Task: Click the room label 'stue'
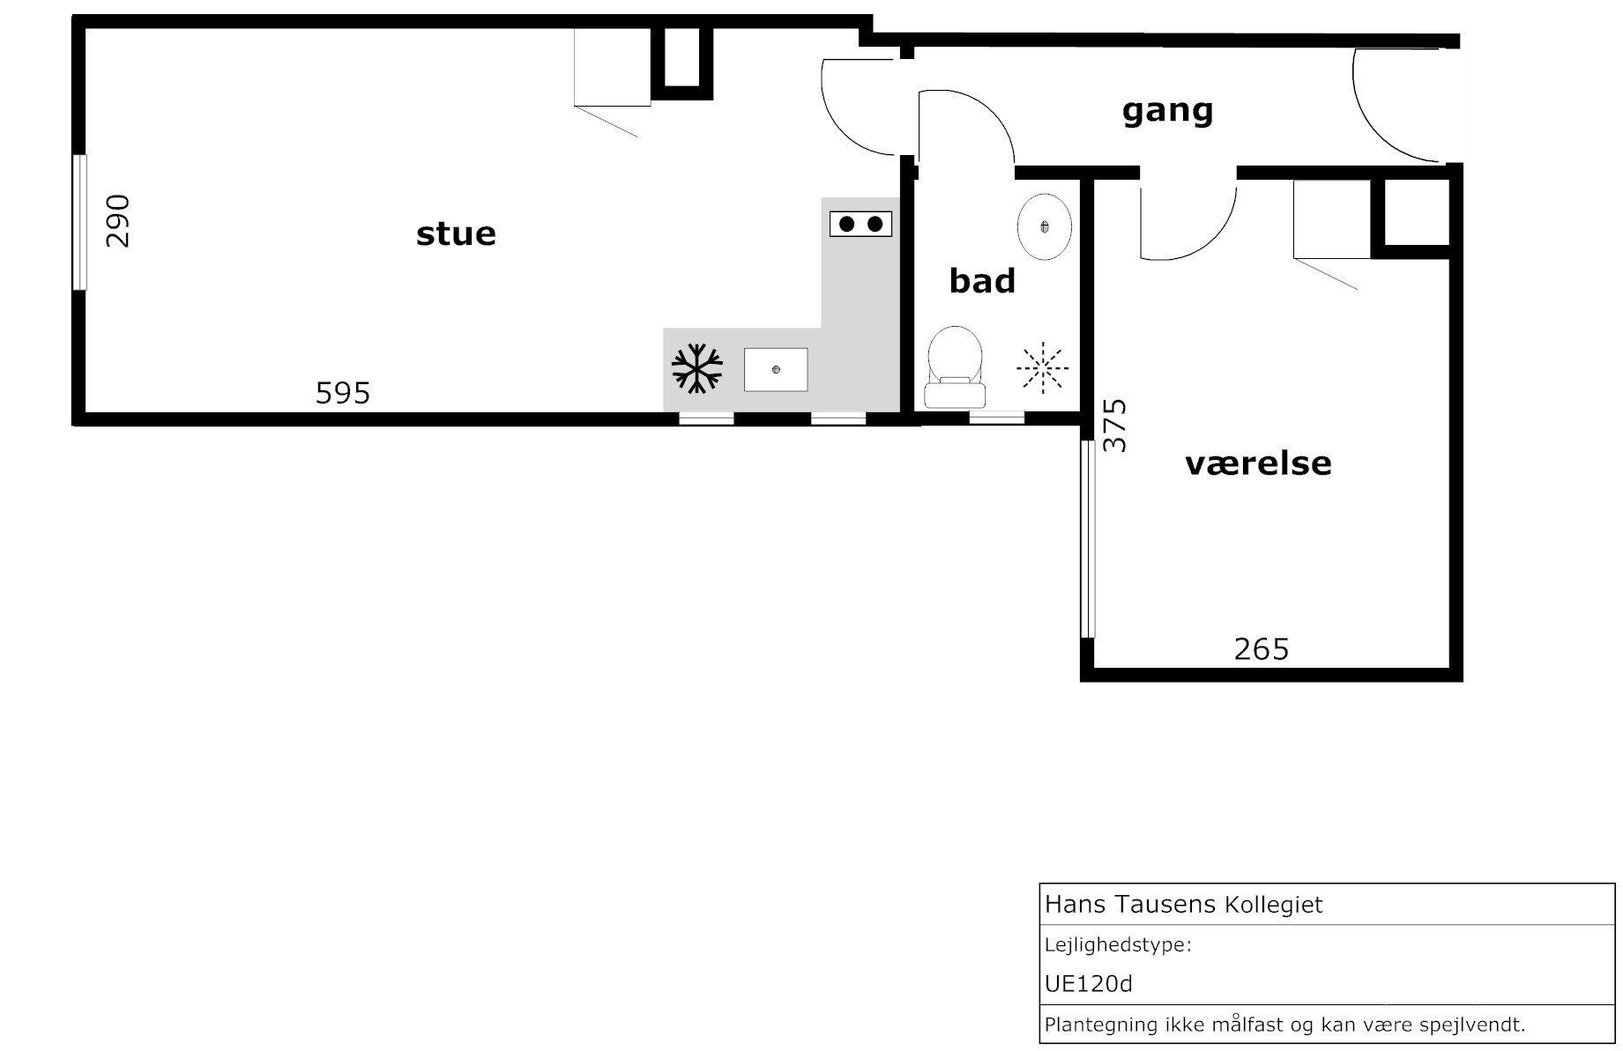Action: click(x=456, y=234)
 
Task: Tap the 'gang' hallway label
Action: click(x=1167, y=112)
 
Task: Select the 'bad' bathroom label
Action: click(x=982, y=281)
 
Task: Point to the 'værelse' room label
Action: click(x=1258, y=463)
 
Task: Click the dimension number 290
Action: click(x=118, y=221)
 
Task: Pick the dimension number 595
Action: click(x=343, y=393)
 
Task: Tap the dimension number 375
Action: click(x=1115, y=426)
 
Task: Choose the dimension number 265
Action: click(x=1262, y=649)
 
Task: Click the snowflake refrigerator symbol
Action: click(x=697, y=368)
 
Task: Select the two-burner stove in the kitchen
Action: click(x=860, y=224)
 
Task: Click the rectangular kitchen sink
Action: click(x=776, y=369)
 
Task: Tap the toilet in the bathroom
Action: click(x=955, y=366)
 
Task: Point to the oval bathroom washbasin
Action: click(x=1045, y=226)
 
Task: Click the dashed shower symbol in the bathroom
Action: click(x=1042, y=366)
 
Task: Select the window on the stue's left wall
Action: click(x=79, y=222)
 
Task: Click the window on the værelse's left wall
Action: click(x=1088, y=539)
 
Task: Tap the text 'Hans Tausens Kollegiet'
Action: click(x=1183, y=905)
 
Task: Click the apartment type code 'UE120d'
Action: click(x=1088, y=984)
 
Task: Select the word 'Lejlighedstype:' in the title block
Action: click(x=1118, y=946)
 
